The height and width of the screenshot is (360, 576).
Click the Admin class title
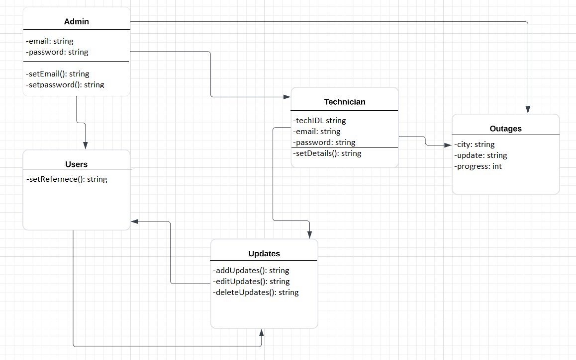(77, 21)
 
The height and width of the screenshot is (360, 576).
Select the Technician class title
(345, 102)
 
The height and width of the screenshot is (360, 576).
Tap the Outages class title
(505, 129)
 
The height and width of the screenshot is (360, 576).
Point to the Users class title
(76, 164)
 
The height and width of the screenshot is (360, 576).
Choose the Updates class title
(264, 253)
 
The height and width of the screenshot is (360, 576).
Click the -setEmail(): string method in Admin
(58, 74)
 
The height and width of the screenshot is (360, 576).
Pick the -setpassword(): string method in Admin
(65, 84)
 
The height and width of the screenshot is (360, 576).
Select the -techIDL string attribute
(319, 120)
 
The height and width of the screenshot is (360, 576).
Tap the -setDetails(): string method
(327, 153)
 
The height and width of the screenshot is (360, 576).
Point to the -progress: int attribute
(478, 166)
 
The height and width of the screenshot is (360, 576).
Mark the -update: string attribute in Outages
(480, 155)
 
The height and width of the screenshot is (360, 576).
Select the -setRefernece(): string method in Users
(67, 179)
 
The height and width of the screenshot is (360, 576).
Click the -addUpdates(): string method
(251, 271)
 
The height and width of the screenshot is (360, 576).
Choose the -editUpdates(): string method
(251, 282)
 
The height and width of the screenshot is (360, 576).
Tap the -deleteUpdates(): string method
(256, 292)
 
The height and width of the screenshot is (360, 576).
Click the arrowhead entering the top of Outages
(528, 110)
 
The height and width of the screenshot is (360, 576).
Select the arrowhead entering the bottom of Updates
(261, 332)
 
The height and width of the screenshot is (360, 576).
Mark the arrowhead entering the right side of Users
(135, 221)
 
